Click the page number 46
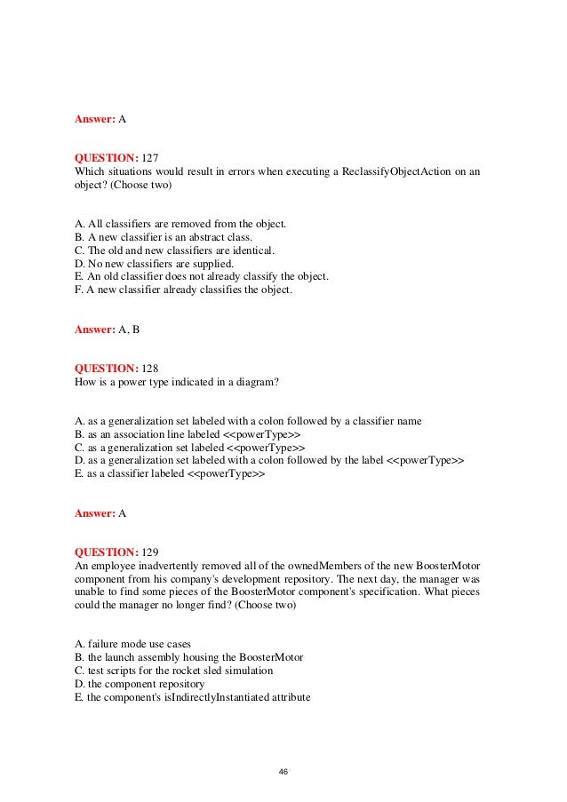[x=283, y=772]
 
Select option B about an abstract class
[x=164, y=237]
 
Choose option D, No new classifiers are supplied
[x=155, y=264]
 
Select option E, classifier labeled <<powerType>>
[x=170, y=473]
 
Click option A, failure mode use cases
[x=132, y=644]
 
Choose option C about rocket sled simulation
[x=174, y=671]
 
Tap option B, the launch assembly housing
[x=189, y=657]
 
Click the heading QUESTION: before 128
[x=106, y=368]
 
